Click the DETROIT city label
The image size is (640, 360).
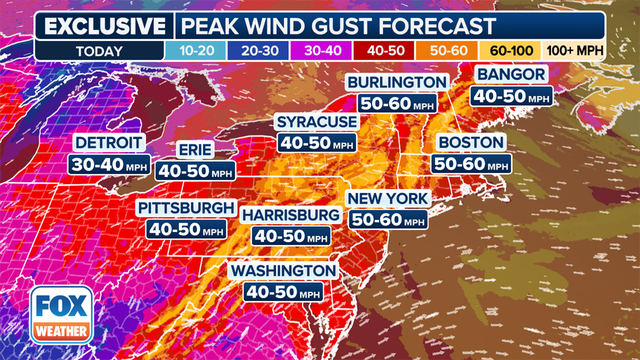tap(109, 141)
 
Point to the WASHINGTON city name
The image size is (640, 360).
tap(284, 271)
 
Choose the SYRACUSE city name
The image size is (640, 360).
tap(318, 122)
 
